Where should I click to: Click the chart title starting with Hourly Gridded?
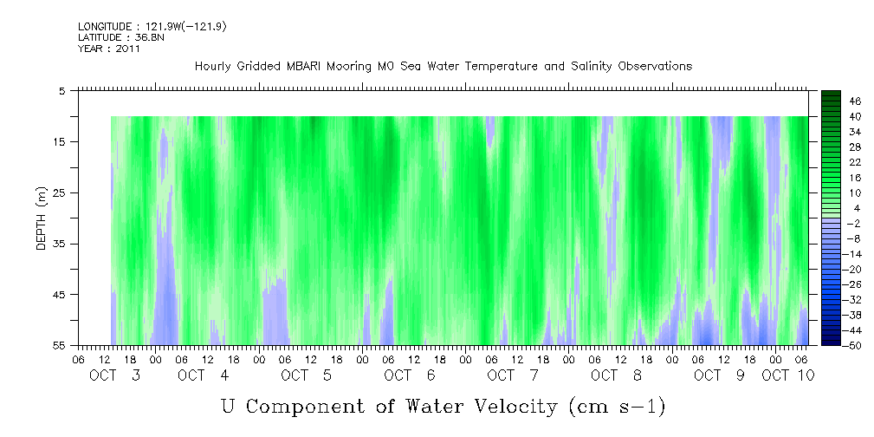(x=443, y=66)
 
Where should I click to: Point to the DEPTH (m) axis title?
(x=42, y=218)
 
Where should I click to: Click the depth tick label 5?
(x=62, y=90)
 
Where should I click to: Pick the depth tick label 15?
(x=60, y=141)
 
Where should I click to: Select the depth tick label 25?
(x=60, y=192)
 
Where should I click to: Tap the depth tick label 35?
(x=60, y=244)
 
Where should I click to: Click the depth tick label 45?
(x=60, y=295)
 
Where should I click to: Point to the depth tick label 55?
(x=60, y=346)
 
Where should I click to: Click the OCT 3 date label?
(x=115, y=375)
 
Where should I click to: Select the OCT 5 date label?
(x=307, y=375)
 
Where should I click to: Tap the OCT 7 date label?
(x=513, y=375)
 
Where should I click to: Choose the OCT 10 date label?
(x=788, y=375)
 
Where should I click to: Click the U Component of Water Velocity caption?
(x=443, y=405)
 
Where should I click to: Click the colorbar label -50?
(x=830, y=345)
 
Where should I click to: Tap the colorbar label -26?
(x=830, y=284)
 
